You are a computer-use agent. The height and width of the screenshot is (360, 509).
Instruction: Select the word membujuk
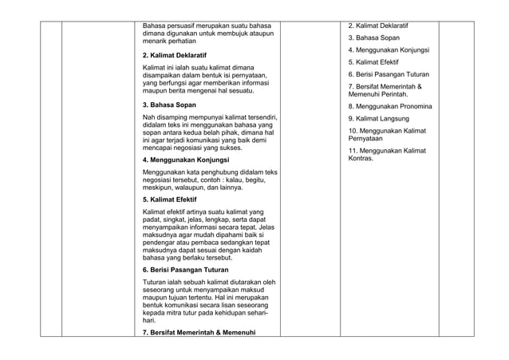tap(228, 34)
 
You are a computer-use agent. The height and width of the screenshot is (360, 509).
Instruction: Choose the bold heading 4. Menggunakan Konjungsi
tap(185, 160)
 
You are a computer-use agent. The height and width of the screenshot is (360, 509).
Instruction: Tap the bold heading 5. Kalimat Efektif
tap(169, 199)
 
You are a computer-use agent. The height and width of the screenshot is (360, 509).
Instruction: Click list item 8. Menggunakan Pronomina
tap(390, 106)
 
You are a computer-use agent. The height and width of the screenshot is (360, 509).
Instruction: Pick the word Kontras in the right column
tap(361, 158)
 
